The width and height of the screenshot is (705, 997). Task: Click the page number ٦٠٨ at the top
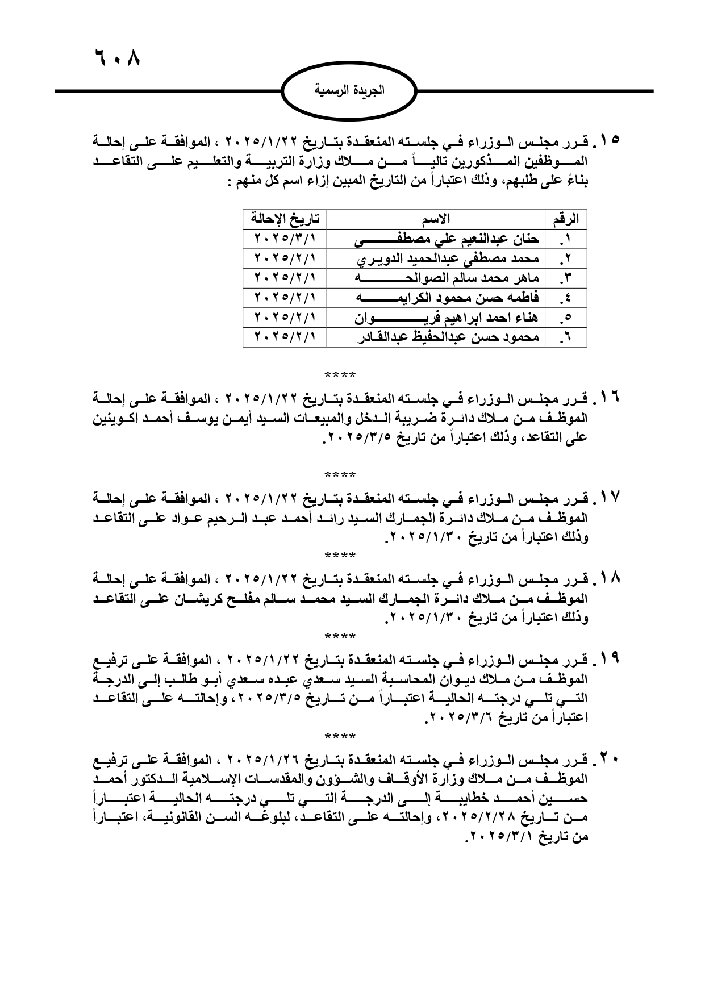coord(116,58)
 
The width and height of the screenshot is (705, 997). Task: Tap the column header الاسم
coord(436,218)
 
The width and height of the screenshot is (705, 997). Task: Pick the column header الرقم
coord(566,218)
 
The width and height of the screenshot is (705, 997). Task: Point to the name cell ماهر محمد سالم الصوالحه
coord(447,278)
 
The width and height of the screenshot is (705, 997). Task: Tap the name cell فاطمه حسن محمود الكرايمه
coord(447,298)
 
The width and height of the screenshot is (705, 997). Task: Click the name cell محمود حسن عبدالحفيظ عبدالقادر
coord(447,337)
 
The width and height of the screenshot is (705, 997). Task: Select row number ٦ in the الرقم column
coord(565,338)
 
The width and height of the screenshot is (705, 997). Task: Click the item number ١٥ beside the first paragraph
coord(608,140)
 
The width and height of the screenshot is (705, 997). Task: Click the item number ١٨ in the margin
coord(608,580)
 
